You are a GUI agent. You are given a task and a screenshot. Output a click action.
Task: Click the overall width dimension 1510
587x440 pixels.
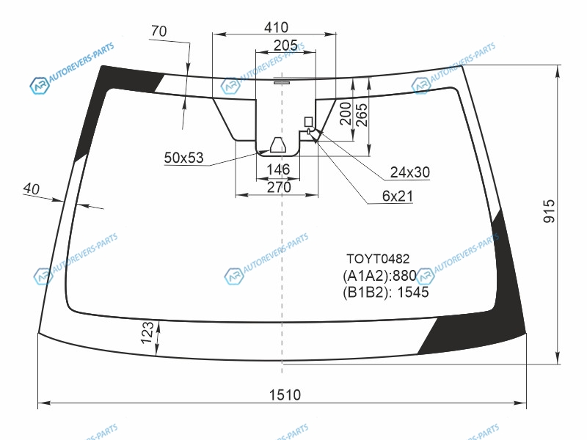coord(285,395)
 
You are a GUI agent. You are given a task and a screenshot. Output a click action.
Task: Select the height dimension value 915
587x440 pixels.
coord(549,211)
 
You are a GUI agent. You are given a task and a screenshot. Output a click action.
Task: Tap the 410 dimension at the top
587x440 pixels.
coord(276,27)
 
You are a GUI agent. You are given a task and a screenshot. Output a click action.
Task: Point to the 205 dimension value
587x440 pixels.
coord(285,45)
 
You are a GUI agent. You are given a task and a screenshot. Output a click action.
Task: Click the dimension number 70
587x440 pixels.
coord(158,31)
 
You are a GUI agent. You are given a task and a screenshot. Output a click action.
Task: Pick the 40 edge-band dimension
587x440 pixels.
coord(31,188)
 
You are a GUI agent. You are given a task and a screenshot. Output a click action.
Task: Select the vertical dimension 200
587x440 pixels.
coord(345,114)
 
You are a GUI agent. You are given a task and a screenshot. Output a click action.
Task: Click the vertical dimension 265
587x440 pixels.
coord(362,115)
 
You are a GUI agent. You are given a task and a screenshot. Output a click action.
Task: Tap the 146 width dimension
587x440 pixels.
coord(278,169)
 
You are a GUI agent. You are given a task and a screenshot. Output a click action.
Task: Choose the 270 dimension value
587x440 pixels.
coord(279,187)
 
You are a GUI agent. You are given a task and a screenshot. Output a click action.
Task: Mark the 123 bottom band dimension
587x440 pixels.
coord(147,332)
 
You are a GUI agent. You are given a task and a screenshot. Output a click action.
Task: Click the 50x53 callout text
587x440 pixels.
coord(184,158)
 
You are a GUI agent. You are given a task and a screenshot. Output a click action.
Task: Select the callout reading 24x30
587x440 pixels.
coord(410,172)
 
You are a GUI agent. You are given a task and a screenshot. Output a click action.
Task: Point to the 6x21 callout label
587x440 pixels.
coord(397,196)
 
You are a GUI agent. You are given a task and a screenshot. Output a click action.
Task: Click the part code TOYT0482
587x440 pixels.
coord(378,259)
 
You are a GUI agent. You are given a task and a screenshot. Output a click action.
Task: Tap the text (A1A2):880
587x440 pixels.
coord(379,276)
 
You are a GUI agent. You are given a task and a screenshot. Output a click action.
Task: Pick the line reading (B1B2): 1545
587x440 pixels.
coord(386,292)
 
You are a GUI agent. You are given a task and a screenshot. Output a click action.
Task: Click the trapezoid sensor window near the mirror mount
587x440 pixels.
coord(278,145)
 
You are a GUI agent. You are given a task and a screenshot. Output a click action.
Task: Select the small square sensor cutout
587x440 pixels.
coord(308,122)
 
